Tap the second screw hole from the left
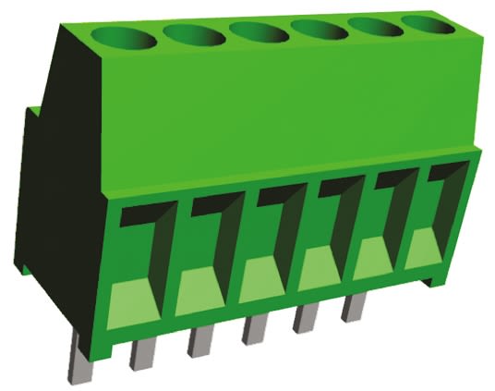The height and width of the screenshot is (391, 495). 195,35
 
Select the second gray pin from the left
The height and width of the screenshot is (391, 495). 142,352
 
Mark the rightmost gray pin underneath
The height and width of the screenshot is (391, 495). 352,309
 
